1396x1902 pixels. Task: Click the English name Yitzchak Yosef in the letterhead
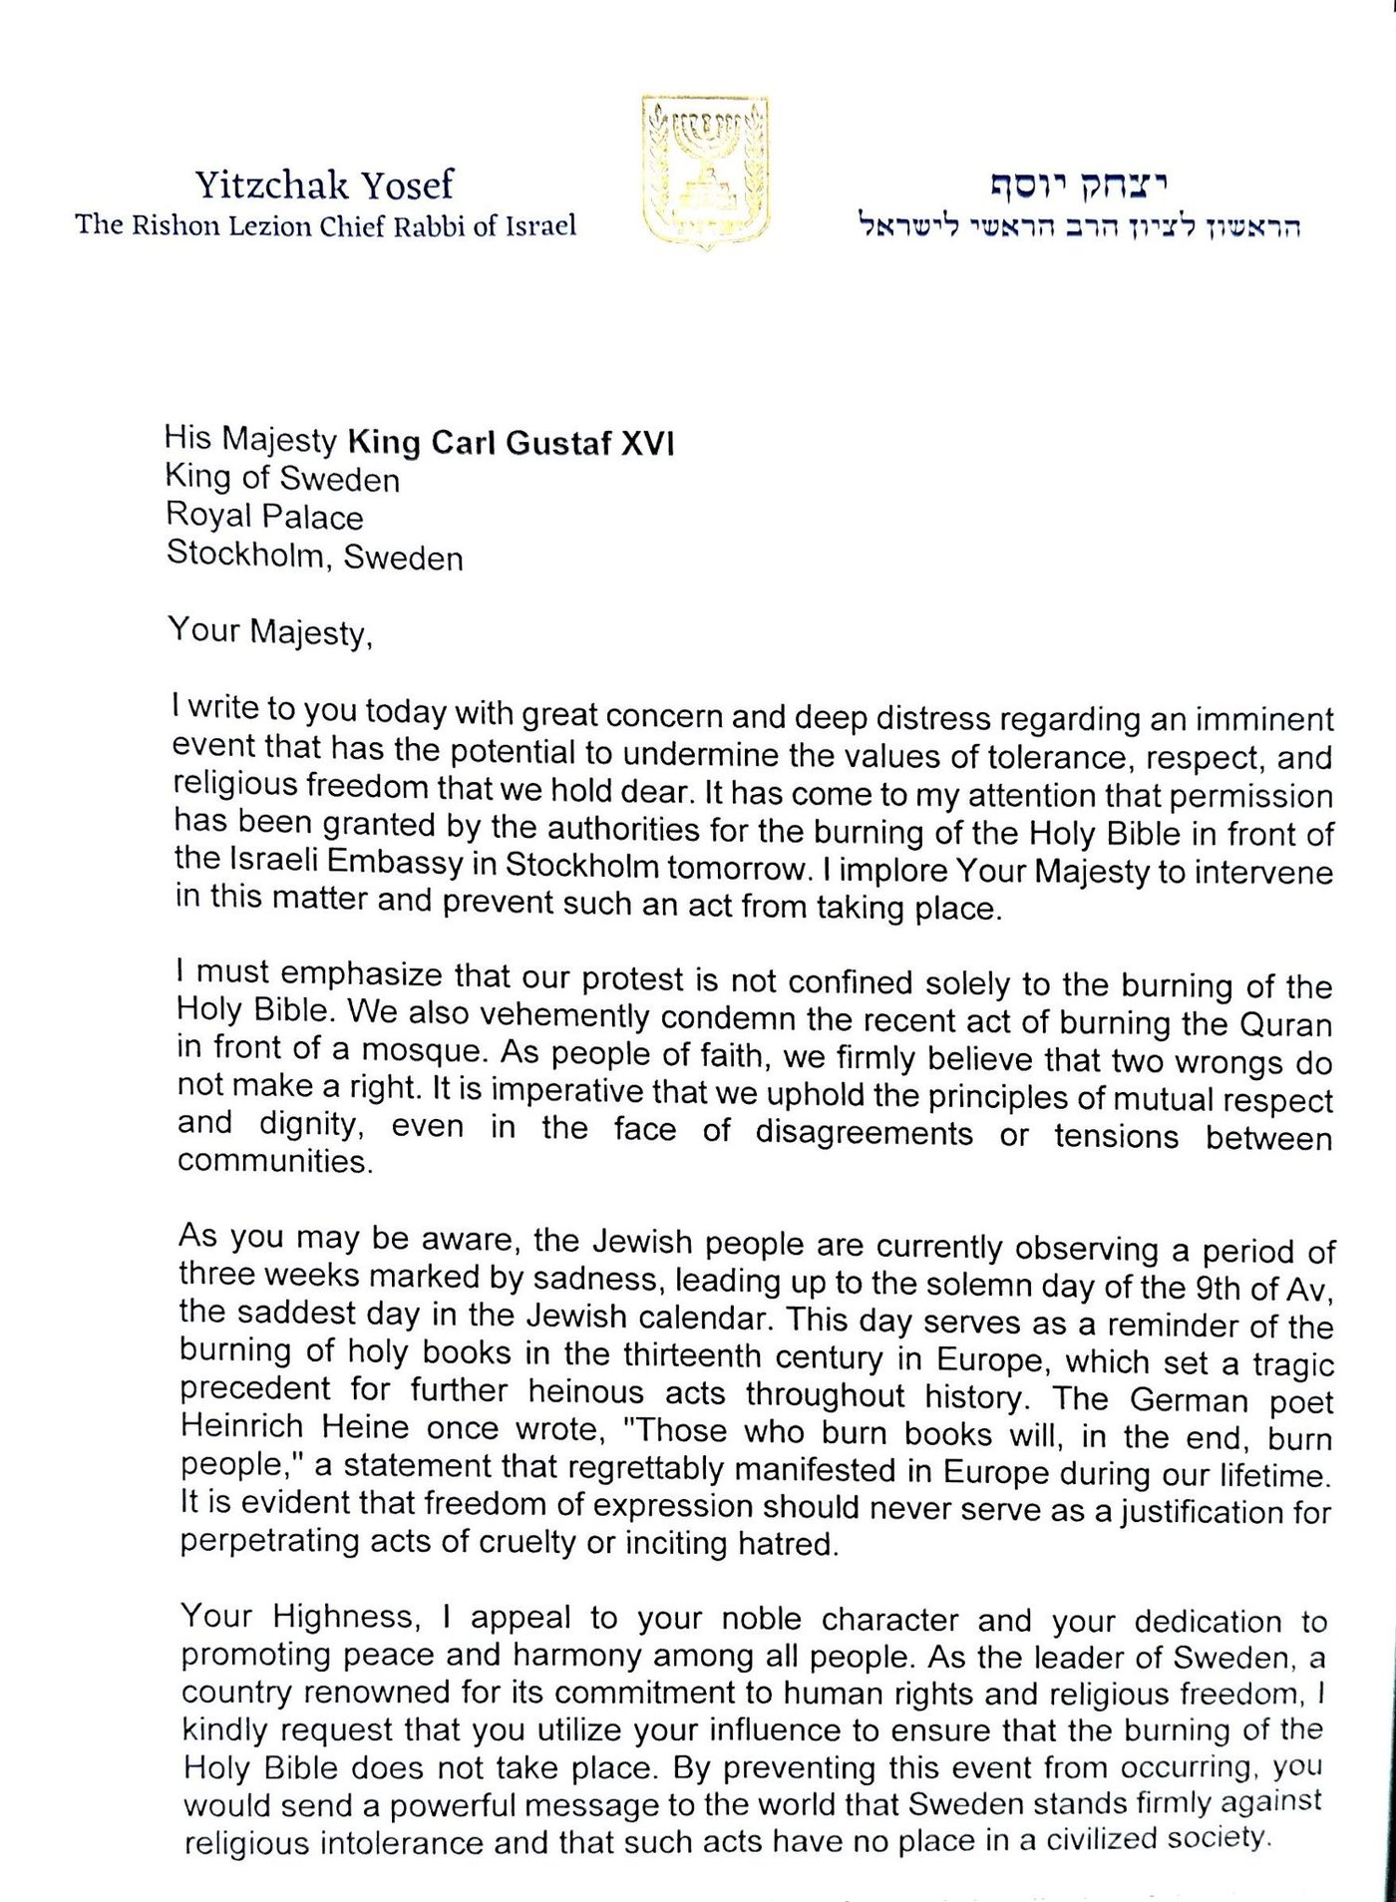pyautogui.click(x=324, y=185)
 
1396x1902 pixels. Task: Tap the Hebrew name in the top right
pyautogui.click(x=1078, y=185)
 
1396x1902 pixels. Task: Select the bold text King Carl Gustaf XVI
pyautogui.click(x=510, y=442)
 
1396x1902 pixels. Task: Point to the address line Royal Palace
pyautogui.click(x=264, y=516)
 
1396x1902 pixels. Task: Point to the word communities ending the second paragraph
pyautogui.click(x=274, y=1162)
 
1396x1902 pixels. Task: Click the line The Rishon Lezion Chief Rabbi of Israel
pyautogui.click(x=326, y=225)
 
